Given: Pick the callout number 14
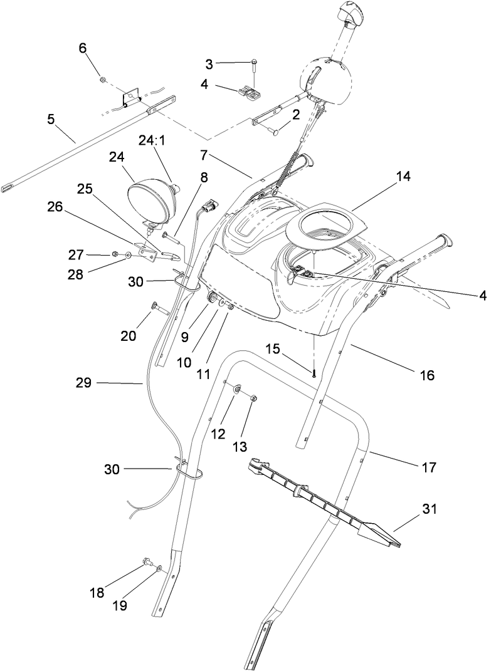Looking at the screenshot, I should tap(403, 177).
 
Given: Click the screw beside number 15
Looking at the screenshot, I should tap(312, 373).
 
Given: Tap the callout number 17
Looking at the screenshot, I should tap(429, 467).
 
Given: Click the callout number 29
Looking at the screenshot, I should tap(84, 382).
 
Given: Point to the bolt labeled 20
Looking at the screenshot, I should tap(156, 308).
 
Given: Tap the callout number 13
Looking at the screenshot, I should tap(240, 447).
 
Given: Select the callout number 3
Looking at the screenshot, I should tap(209, 63).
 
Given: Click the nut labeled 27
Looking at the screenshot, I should tap(116, 254).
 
